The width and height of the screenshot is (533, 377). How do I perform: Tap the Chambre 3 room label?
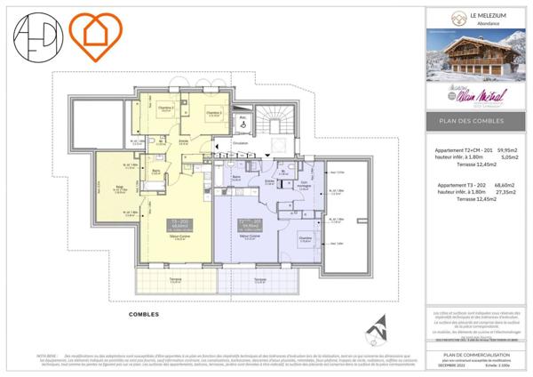tap(212, 113)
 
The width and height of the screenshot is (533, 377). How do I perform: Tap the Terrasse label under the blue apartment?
tap(259, 279)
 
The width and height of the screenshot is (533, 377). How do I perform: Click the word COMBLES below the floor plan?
tap(144, 314)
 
